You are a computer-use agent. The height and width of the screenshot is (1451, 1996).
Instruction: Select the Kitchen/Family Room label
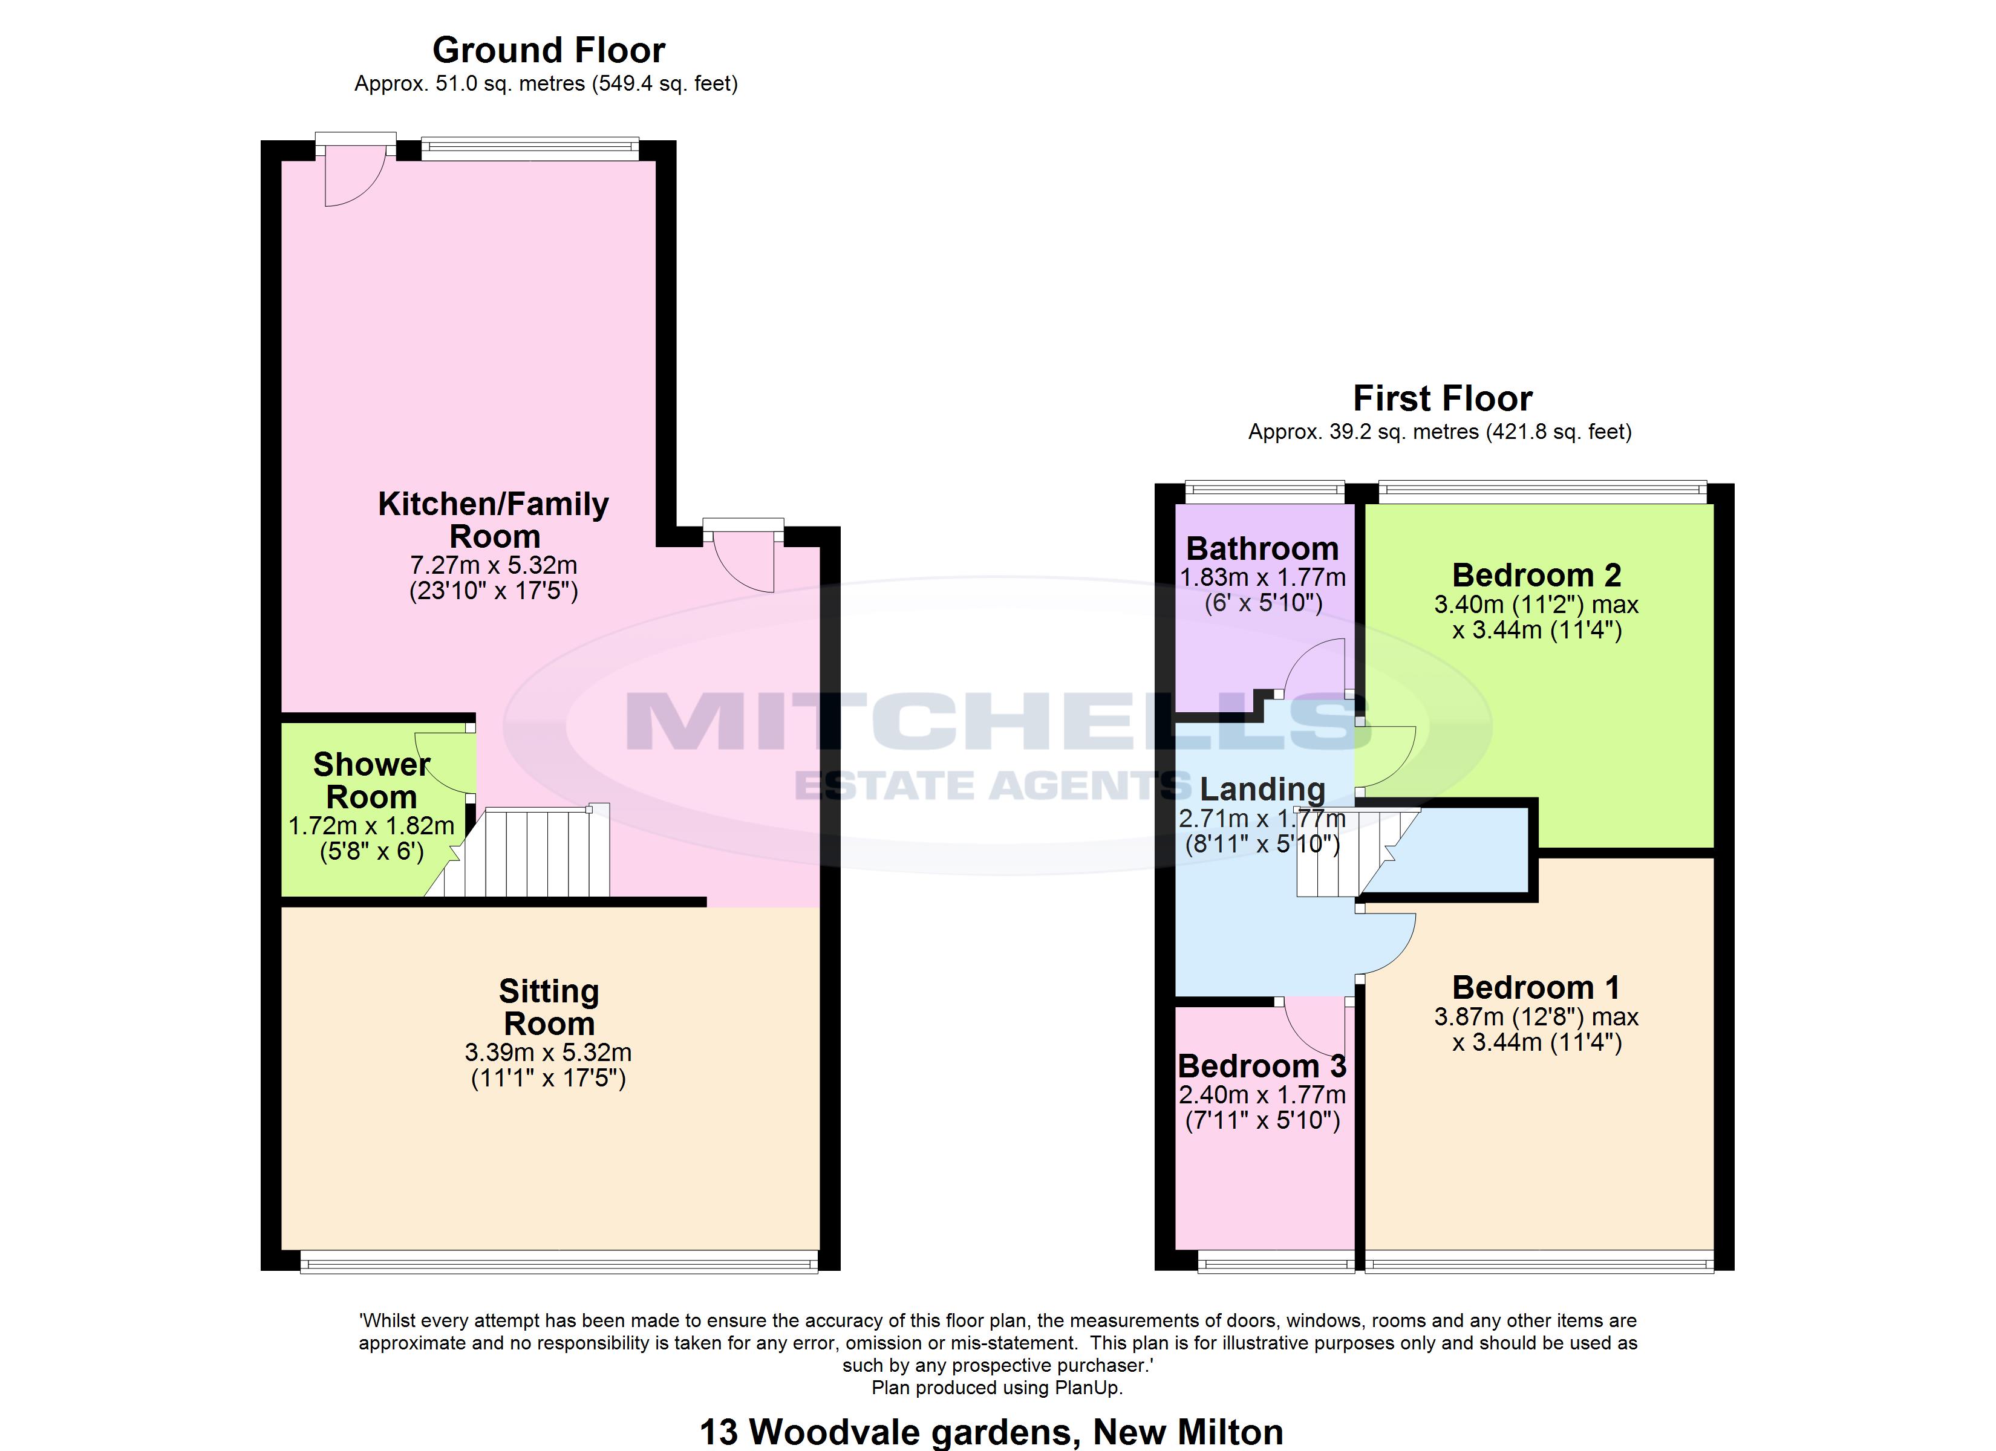(x=494, y=520)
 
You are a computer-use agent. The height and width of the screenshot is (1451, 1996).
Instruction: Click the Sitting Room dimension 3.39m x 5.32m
(x=548, y=1053)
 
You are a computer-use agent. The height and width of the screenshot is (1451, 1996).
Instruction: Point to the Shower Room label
(x=371, y=781)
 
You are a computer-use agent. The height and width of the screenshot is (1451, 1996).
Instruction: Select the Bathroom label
(x=1262, y=549)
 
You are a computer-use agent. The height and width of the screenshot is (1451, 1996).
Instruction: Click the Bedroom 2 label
(x=1536, y=576)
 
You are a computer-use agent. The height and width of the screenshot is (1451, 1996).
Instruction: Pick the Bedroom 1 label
(x=1536, y=987)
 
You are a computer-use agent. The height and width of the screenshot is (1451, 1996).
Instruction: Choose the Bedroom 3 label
(x=1262, y=1066)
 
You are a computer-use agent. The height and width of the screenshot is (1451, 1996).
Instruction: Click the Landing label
(x=1262, y=790)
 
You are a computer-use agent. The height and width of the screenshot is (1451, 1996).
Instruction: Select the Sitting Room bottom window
(x=559, y=1264)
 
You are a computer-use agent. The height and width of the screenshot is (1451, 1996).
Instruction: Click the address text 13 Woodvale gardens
(x=889, y=1432)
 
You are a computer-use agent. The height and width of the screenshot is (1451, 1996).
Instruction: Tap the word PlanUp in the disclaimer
(x=1089, y=1388)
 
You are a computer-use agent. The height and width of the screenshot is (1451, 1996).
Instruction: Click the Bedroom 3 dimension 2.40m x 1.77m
(x=1262, y=1096)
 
